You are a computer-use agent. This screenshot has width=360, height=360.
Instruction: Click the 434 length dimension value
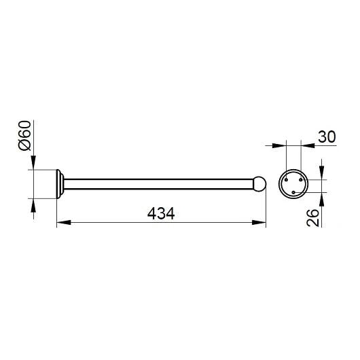(162, 213)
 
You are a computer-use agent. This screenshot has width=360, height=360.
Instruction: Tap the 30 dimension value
(327, 137)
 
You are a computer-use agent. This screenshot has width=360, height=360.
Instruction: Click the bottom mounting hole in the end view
(293, 192)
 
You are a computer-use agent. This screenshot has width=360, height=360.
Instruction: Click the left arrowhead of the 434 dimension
(59, 221)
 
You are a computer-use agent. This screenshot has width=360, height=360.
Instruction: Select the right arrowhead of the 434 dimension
(262, 221)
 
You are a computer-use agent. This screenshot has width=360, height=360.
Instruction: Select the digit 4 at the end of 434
(171, 213)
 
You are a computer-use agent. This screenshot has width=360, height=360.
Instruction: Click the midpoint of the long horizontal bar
(160, 183)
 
